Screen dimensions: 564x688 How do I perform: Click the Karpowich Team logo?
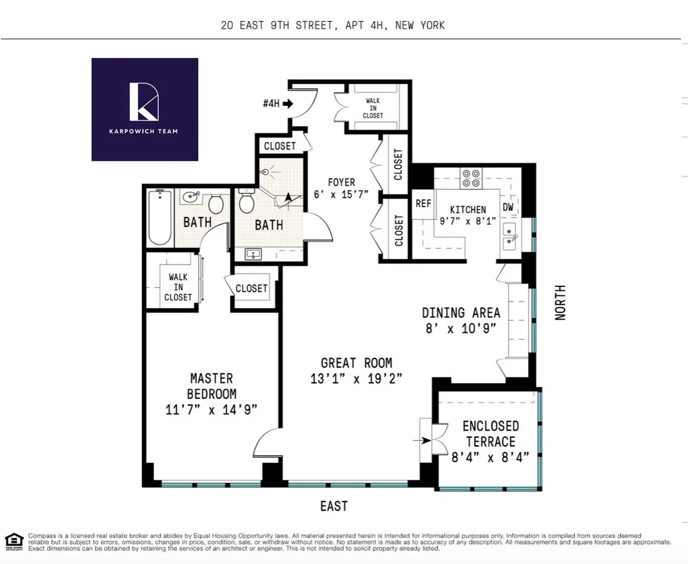144,109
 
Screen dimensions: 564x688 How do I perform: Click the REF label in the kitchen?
423,204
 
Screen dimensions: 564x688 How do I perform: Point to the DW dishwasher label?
509,207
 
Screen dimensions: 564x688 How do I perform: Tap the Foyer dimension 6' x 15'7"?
341,195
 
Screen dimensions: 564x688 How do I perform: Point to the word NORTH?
560,303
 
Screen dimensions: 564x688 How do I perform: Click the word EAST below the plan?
334,506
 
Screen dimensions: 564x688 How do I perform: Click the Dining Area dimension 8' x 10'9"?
461,329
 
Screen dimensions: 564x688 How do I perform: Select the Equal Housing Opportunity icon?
14,539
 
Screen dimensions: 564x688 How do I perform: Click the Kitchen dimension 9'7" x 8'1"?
468,221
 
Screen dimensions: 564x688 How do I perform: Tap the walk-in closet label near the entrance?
373,108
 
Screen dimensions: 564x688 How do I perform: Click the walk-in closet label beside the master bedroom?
178,287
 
